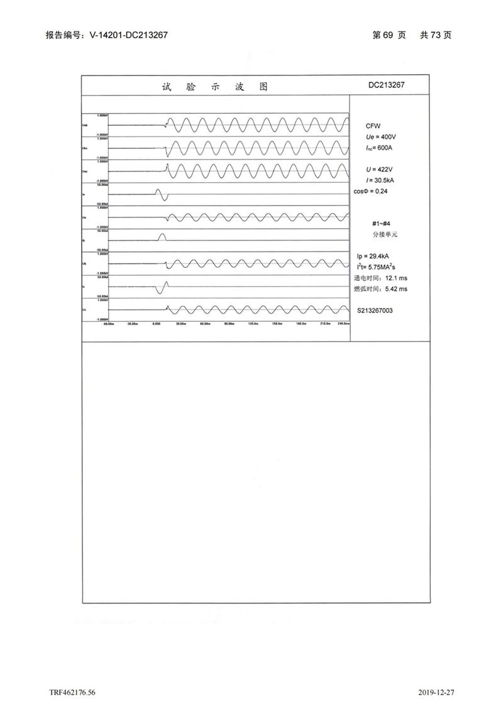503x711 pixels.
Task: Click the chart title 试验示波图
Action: (214, 87)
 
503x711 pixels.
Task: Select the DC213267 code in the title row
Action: (389, 85)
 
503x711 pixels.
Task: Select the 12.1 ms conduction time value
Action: (395, 278)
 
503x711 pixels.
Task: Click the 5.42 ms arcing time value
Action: (396, 289)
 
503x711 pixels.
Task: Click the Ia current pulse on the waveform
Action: (162, 194)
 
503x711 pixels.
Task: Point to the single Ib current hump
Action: (162, 237)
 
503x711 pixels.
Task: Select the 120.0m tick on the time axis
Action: (253, 324)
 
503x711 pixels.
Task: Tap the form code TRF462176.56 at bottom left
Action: (72, 692)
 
